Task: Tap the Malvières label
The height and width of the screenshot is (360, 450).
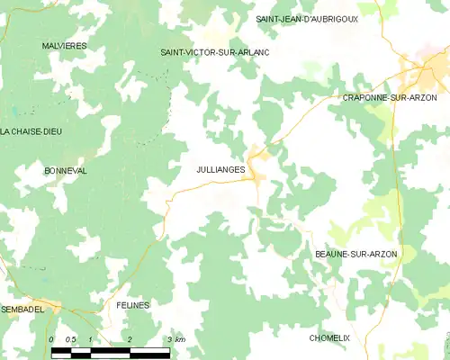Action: coord(63,44)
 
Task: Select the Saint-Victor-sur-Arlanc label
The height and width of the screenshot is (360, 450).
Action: coord(214,52)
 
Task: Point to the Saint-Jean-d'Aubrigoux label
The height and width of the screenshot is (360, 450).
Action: coord(306,18)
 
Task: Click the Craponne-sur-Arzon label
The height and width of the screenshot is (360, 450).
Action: coord(389,96)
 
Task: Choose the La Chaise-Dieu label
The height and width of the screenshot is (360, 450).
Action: coord(31,131)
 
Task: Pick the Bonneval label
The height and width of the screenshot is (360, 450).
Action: coord(65,169)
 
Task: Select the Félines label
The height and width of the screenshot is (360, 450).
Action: coord(132,305)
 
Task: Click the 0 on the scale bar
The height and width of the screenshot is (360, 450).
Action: coord(52,338)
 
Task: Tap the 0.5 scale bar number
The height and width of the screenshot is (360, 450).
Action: coord(70,338)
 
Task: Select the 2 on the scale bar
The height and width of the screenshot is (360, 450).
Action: coord(130,338)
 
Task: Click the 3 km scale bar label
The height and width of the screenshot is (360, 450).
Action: coord(175,338)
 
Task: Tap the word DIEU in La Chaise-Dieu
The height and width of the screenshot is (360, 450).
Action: coord(50,131)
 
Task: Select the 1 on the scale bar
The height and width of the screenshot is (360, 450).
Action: coord(92,338)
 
